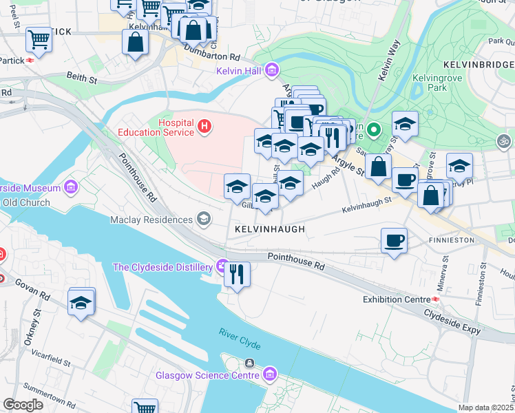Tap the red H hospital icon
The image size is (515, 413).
coord(204,127)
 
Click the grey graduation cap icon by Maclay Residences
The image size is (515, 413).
coord(203,220)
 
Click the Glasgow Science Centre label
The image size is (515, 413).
coord(207,375)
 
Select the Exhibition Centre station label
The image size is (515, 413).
coord(395,299)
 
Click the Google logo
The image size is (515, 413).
coord(23,405)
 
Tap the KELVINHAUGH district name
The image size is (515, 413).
coord(269,229)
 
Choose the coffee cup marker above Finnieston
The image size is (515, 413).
coord(394,241)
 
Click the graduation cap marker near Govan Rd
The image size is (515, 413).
coord(81,302)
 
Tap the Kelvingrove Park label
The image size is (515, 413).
coord(435,83)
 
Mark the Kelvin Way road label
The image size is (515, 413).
coord(388,61)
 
